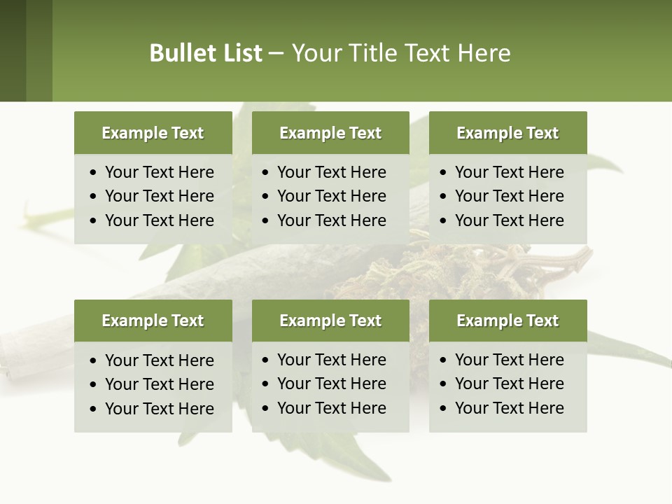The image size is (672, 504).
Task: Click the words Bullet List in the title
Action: (x=206, y=53)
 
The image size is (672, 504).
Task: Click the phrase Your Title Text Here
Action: (x=400, y=53)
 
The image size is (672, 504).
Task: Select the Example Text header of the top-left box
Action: (x=153, y=133)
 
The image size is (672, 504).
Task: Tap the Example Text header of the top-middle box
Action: (x=330, y=133)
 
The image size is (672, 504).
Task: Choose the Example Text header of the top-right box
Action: (x=507, y=133)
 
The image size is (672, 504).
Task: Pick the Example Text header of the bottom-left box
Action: (x=153, y=321)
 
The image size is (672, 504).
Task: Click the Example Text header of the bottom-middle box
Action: (x=330, y=321)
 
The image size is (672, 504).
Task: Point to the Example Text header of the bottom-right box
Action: (x=507, y=321)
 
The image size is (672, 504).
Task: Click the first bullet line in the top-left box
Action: (x=159, y=172)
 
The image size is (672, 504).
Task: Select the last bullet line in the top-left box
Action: (x=159, y=220)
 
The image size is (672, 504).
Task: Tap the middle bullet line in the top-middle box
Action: (x=331, y=196)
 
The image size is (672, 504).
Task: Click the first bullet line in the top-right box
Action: (x=509, y=172)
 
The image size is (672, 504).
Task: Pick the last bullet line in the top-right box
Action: (x=509, y=220)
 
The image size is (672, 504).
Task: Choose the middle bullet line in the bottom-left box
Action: (x=159, y=384)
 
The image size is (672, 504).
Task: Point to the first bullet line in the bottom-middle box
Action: (x=331, y=360)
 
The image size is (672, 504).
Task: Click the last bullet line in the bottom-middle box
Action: (x=331, y=408)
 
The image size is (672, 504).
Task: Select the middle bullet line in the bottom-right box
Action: (x=509, y=384)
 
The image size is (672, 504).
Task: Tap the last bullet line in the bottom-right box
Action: (x=509, y=408)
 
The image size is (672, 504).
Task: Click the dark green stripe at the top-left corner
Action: (x=13, y=50)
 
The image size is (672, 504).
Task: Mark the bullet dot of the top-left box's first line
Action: (x=94, y=173)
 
